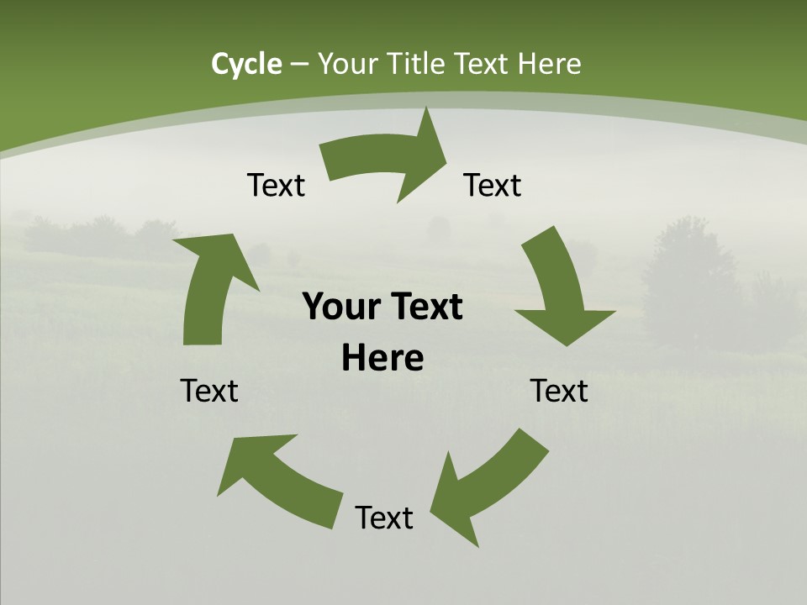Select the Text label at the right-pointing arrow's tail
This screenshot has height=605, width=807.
coord(276,185)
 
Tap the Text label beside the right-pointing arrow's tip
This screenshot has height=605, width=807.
coord(493,185)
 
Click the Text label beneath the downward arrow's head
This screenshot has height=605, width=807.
coord(560,391)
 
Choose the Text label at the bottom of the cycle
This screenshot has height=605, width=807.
coord(384,518)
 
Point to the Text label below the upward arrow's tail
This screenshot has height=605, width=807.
coord(209,391)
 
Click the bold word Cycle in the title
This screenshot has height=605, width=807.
coord(246,64)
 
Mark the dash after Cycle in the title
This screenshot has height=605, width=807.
coord(299,64)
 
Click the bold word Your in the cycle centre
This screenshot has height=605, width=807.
coord(340,308)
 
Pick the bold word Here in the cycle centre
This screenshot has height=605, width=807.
coord(382,359)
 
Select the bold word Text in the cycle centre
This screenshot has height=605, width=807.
coord(425,308)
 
